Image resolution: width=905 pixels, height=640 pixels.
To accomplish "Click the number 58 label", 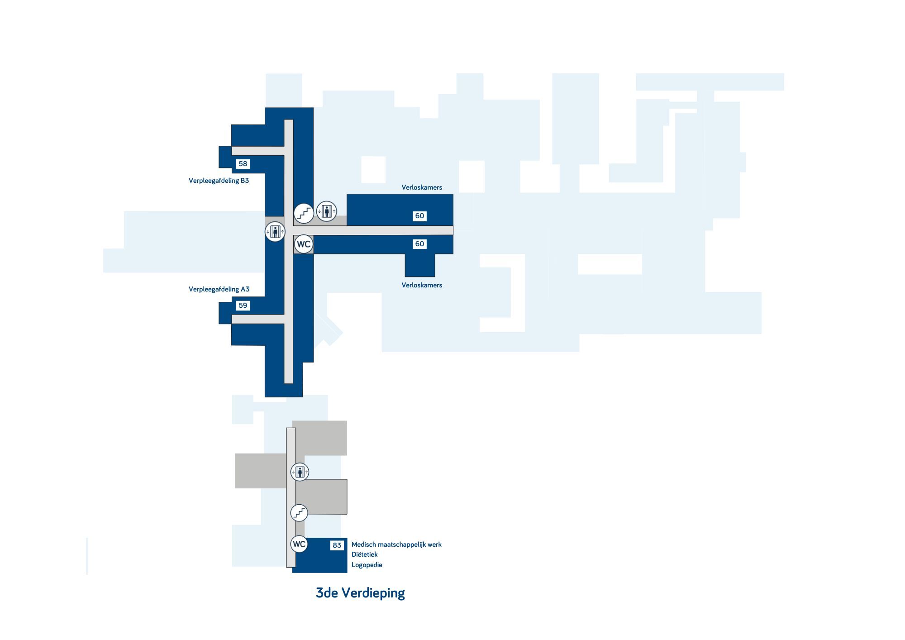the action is pos(243,164).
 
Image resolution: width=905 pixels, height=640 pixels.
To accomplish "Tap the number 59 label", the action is pos(243,306).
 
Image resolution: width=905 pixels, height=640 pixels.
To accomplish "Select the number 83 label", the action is pos(337,545).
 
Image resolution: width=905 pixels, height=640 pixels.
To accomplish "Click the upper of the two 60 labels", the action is pos(420,216).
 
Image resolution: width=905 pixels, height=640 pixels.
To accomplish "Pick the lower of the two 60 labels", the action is pos(420,244).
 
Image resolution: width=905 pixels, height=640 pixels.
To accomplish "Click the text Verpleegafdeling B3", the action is pos(219,181).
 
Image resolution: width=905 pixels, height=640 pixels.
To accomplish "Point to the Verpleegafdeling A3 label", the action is pos(219,289).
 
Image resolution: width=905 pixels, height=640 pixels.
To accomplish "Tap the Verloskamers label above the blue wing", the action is pos(422,187).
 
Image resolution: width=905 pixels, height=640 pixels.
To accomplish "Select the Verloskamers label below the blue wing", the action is pos(422,285).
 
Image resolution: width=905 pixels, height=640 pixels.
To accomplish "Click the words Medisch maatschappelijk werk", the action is pos(396,544).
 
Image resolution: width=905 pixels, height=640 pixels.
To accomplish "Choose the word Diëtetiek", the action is pos(365,554).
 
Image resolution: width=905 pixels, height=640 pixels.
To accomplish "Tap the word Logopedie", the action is pos(367,565).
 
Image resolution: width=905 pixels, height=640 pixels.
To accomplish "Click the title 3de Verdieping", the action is pos(360,593).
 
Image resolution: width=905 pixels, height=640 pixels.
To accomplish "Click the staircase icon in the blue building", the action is pos(304,213).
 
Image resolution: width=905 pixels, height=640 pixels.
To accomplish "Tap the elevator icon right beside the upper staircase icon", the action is pos(326,211).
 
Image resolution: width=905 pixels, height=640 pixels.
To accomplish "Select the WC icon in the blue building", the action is pos(304,244).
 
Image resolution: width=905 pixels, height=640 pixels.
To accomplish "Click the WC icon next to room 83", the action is pos(299,544).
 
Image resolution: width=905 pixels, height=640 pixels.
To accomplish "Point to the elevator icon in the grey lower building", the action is pos(300,472).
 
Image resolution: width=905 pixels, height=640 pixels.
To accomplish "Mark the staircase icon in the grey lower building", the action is pos(299,513).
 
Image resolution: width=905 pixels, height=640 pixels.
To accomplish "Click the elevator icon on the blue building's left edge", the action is pos(275,232).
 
